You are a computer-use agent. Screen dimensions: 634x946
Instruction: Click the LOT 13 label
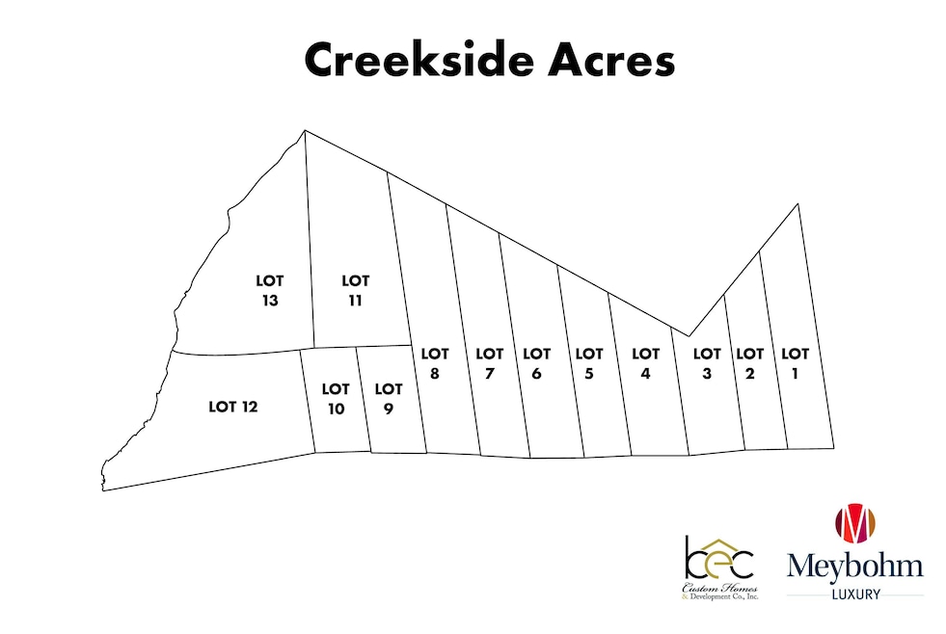coord(270,290)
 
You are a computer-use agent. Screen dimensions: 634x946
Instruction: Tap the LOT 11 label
coord(356,290)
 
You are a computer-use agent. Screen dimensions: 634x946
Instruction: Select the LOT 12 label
coord(233,407)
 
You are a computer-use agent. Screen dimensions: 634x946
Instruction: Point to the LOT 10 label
coord(336,399)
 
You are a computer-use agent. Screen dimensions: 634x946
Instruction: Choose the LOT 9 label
coord(388,399)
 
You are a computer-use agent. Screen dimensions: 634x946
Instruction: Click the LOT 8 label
coord(435,364)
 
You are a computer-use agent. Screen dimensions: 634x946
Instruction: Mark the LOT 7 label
coord(490,364)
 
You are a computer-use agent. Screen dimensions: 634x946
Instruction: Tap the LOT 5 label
coord(588,364)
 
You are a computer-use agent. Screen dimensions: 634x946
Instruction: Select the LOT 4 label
coord(645,364)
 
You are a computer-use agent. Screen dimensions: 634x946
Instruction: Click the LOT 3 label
coord(707,364)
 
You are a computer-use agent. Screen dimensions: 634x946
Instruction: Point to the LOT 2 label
coord(749,364)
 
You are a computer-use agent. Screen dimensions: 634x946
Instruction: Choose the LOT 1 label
coord(795,364)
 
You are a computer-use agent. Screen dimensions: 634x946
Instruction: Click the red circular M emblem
coord(854,523)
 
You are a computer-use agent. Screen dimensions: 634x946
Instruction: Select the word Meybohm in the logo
coord(854,567)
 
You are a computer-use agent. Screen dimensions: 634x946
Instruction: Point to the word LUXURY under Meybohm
coord(854,595)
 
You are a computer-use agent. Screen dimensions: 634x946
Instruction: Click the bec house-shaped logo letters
coord(719,558)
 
